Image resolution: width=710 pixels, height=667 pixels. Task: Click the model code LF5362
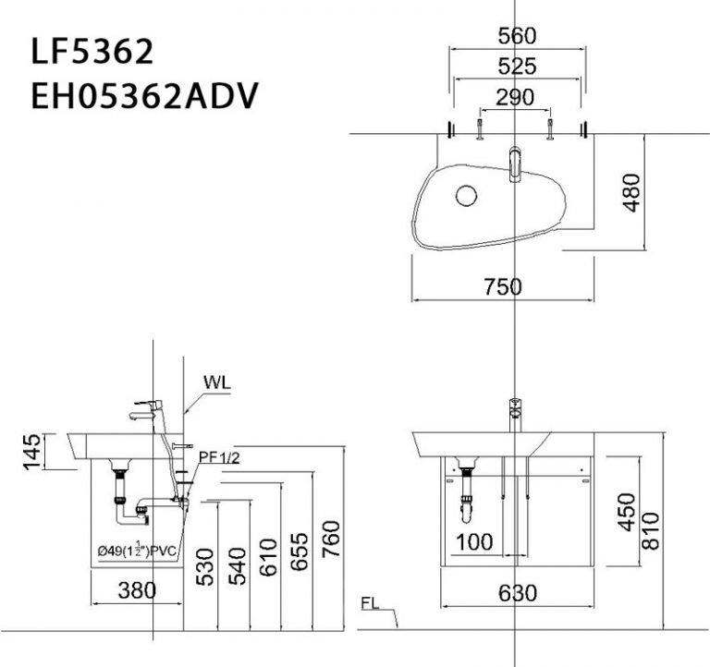pos(92,52)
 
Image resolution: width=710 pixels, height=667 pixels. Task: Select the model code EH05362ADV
pos(144,94)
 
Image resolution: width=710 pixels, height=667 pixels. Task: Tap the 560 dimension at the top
pos(517,36)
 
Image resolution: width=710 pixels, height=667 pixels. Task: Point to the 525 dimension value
pos(517,67)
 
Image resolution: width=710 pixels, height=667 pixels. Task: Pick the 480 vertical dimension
pos(630,191)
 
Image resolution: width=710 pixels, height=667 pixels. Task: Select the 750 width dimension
pos(503,286)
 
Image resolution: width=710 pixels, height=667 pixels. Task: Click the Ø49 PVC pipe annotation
pos(137,551)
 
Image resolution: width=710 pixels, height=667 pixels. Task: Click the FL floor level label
pos(372,605)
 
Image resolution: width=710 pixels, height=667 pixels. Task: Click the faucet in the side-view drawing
pos(148,409)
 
